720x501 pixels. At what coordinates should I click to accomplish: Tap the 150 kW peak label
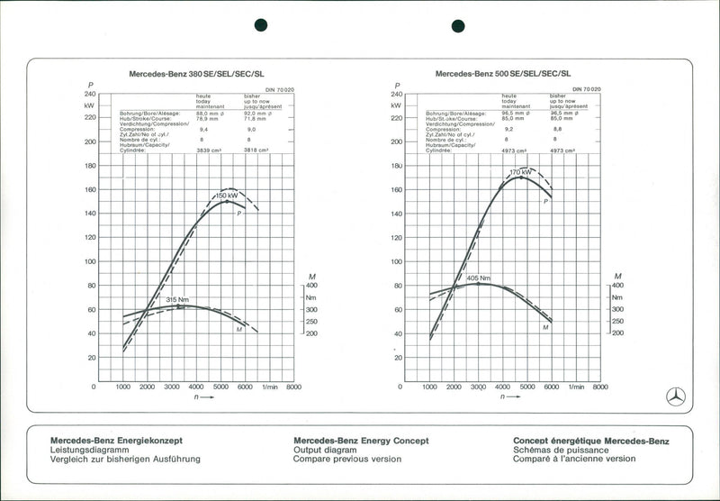(x=227, y=196)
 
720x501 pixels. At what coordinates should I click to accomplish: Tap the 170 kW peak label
(x=521, y=172)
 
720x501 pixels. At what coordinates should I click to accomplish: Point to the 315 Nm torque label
(x=177, y=300)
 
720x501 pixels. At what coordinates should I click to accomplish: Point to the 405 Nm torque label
(x=479, y=278)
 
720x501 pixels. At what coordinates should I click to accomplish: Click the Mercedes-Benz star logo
(x=676, y=396)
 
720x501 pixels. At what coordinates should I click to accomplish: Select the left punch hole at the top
(x=262, y=25)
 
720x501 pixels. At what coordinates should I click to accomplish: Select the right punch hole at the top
(x=458, y=25)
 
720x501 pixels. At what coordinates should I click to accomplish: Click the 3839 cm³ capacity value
(x=210, y=150)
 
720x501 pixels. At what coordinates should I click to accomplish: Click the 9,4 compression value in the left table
(x=202, y=130)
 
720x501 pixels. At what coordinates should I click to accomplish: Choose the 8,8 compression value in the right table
(x=556, y=129)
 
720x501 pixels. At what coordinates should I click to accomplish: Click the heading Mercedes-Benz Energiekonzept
(x=117, y=441)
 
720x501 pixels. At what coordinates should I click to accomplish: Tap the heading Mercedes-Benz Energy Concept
(x=361, y=441)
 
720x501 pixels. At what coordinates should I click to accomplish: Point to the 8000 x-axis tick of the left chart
(x=293, y=387)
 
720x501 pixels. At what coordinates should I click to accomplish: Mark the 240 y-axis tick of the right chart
(x=397, y=94)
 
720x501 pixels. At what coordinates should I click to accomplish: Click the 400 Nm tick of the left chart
(x=311, y=285)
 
